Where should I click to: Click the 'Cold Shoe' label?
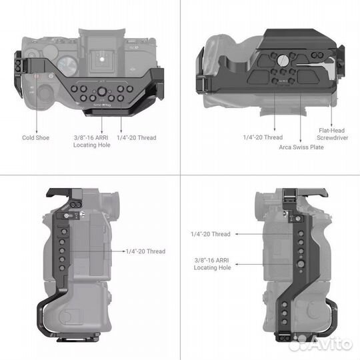tap(36, 138)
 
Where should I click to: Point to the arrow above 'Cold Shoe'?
tap(35, 107)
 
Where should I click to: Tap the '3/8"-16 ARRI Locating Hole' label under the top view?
tap(91, 141)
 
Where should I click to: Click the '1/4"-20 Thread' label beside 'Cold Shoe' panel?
tap(136, 138)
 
